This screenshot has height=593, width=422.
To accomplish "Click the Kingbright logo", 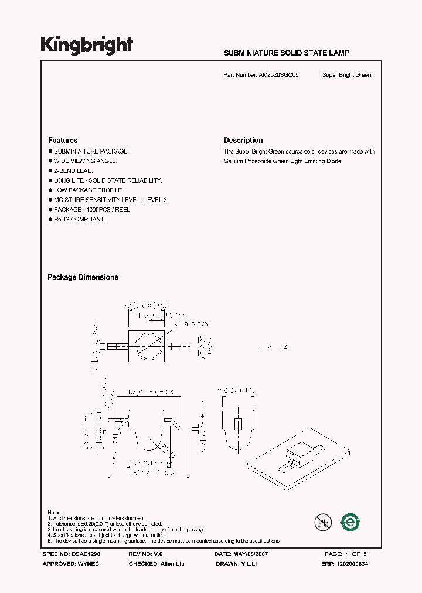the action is pyautogui.click(x=87, y=45).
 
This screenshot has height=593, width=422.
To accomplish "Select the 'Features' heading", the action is pyautogui.click(x=63, y=141).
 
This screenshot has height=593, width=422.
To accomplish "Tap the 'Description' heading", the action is pyautogui.click(x=243, y=141).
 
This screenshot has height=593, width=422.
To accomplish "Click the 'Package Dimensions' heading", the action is pyautogui.click(x=83, y=277).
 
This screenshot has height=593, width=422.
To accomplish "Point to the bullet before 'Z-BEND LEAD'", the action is pyautogui.click(x=50, y=171).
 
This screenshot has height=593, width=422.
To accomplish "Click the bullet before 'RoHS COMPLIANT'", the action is pyautogui.click(x=50, y=219).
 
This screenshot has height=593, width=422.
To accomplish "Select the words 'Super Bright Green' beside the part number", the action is pyautogui.click(x=346, y=75).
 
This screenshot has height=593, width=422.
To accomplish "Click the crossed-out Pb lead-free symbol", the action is pyautogui.click(x=322, y=522).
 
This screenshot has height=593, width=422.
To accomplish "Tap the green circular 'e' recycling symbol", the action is pyautogui.click(x=350, y=521).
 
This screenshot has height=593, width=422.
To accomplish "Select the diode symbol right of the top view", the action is pyautogui.click(x=270, y=347).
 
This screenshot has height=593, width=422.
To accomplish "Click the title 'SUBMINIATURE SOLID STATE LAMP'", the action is pyautogui.click(x=287, y=53).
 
